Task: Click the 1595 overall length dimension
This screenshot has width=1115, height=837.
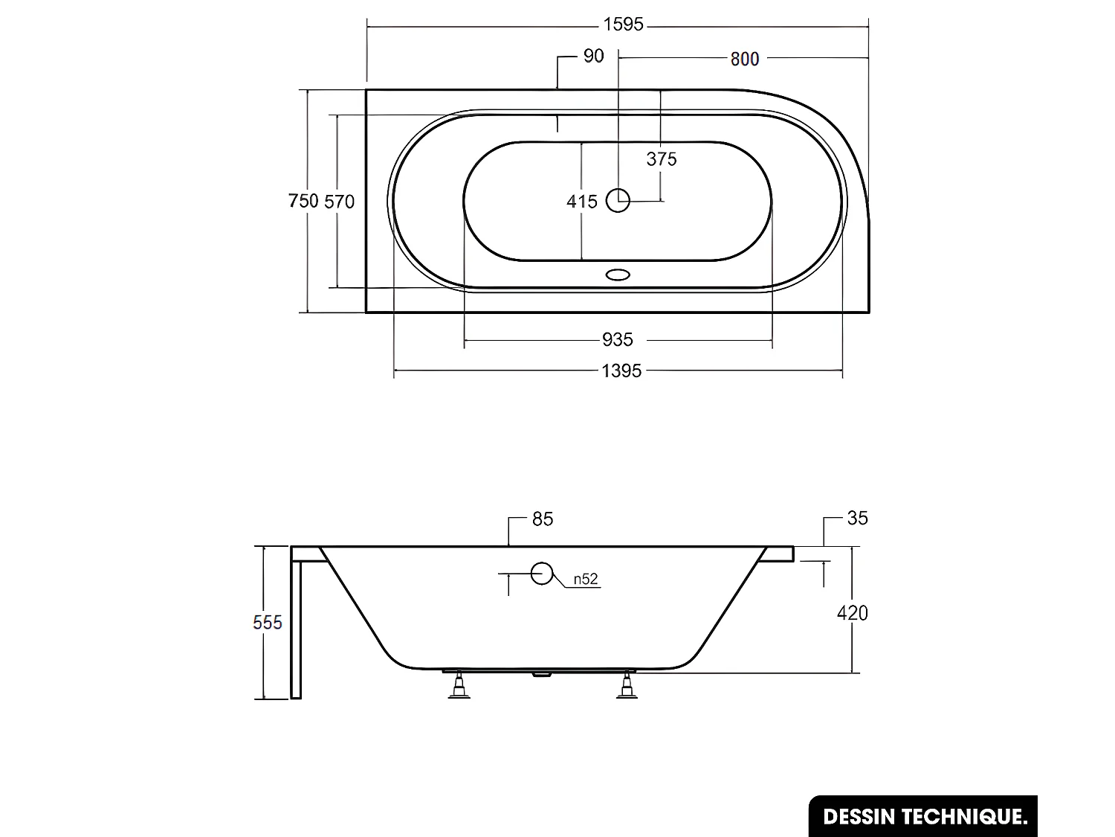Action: pos(623,25)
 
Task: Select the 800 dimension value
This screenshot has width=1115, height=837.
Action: pos(744,59)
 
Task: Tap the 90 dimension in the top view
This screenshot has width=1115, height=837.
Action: pos(593,56)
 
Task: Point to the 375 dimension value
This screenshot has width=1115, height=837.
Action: pos(662,158)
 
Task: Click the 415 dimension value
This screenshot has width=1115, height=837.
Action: pos(581,201)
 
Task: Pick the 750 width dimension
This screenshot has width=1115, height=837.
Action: pos(303,201)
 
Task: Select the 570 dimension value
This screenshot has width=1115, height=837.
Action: pos(340,201)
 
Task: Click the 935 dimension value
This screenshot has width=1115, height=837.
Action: pos(618,340)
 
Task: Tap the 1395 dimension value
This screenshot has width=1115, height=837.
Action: pos(621,370)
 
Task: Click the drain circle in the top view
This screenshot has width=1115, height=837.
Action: pos(618,200)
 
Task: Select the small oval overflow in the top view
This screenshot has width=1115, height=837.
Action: pos(618,275)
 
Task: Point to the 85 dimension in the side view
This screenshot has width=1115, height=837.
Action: pos(543,519)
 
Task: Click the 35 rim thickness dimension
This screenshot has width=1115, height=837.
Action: pos(857,518)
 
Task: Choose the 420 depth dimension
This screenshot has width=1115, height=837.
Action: pos(852,613)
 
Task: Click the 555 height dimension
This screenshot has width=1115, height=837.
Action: pos(268,622)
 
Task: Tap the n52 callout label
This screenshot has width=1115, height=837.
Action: pos(586,580)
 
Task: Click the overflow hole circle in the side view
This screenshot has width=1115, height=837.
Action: pos(542,573)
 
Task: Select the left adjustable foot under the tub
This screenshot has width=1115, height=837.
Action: pos(459,685)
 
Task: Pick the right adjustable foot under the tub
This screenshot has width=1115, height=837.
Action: pos(627,685)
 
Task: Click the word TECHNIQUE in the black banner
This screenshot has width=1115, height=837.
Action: pos(966,817)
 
